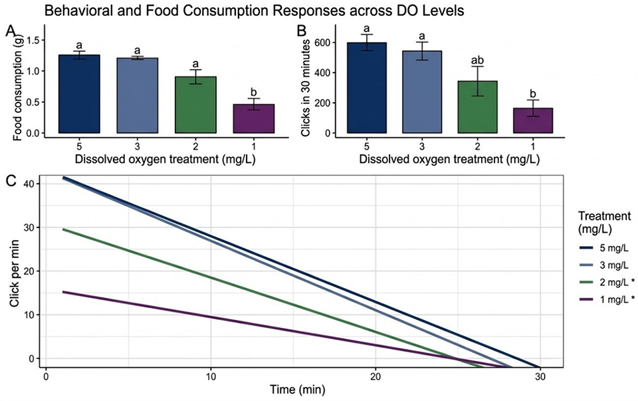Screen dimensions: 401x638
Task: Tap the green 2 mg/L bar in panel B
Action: click(x=478, y=107)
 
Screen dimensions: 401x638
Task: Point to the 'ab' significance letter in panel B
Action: click(x=478, y=59)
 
